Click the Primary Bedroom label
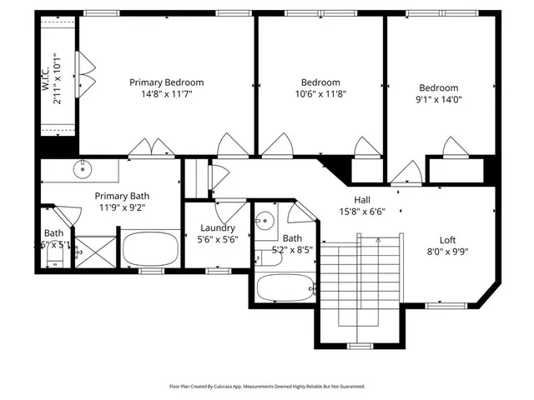pos(166,82)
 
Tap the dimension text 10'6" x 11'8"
pos(320,94)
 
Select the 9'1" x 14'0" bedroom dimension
pos(438,100)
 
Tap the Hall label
pos(362,200)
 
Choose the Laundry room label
pos(218,227)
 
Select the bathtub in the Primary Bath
pos(150,248)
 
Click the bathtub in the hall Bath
pos(285,288)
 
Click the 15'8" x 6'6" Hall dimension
pos(361,212)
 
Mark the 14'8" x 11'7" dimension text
pos(166,94)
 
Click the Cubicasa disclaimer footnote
pos(267,387)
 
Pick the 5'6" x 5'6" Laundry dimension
pos(218,239)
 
